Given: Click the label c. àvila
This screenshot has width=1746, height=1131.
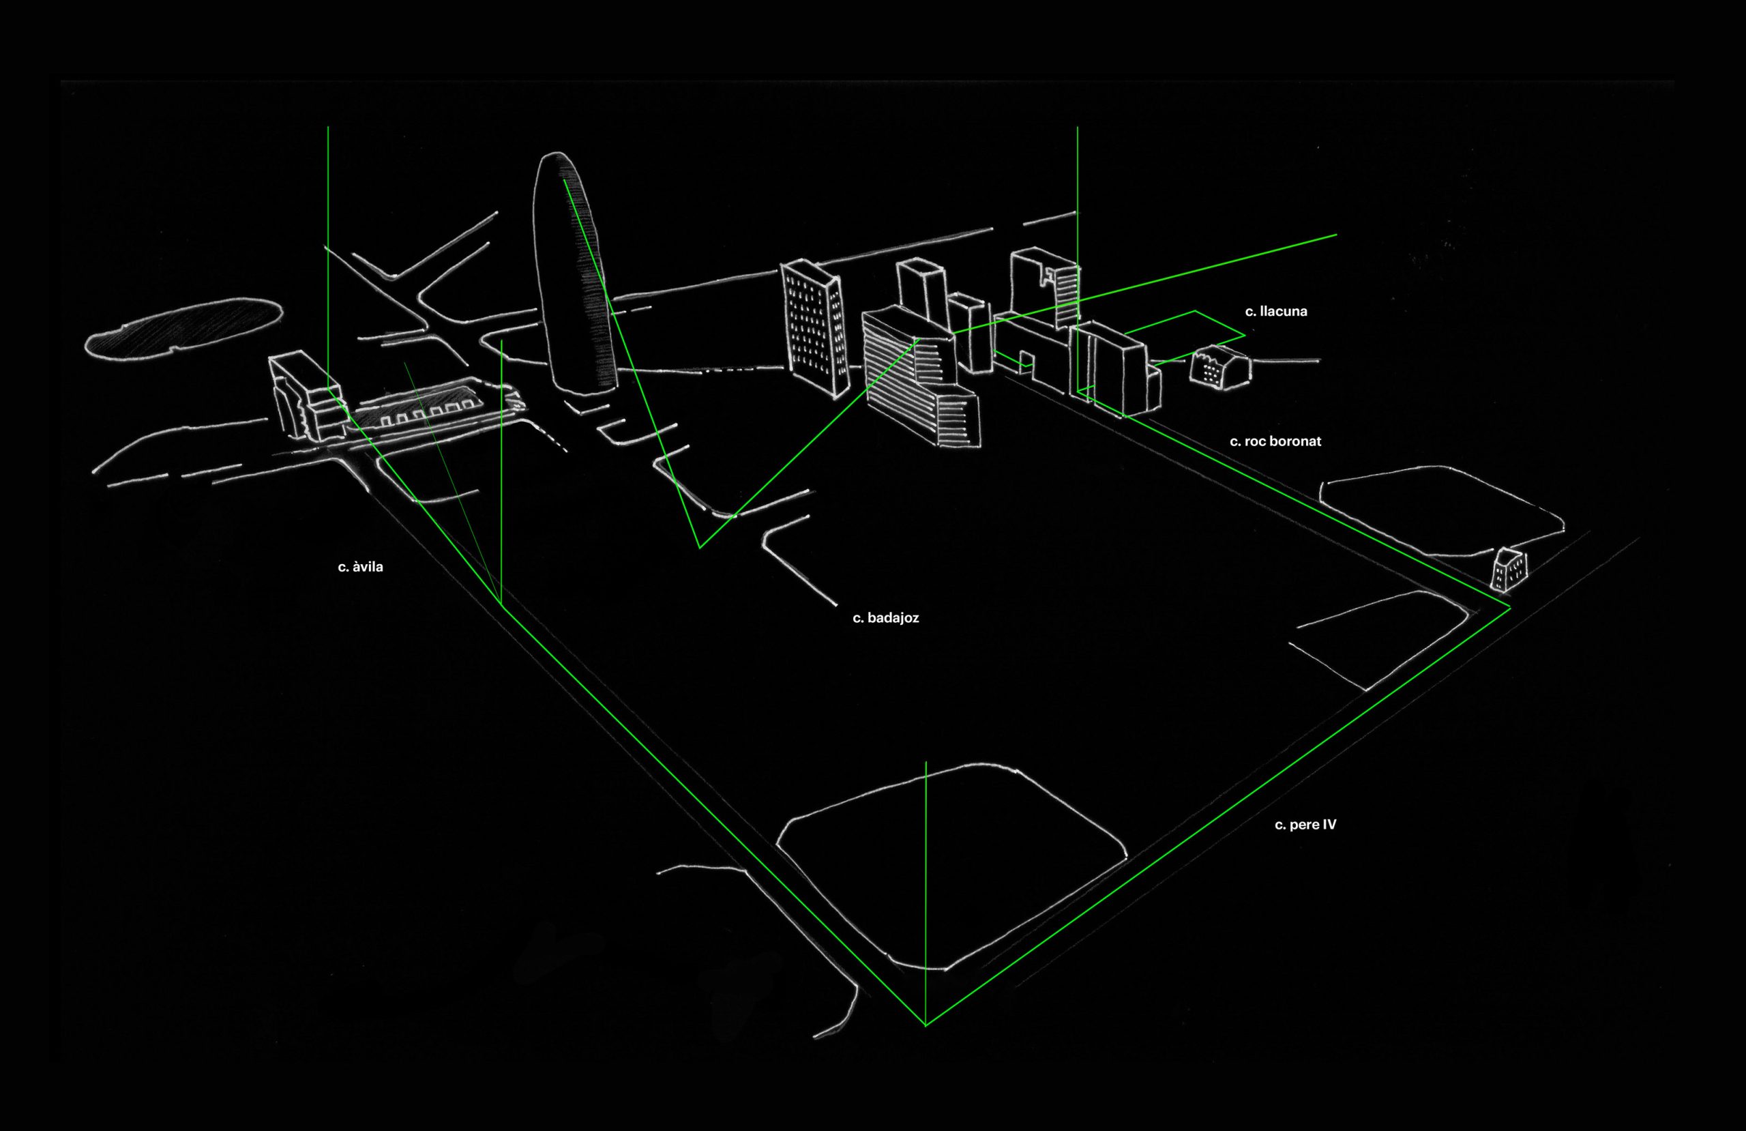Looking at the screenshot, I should click(360, 568).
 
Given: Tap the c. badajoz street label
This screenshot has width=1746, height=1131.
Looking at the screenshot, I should click(885, 618).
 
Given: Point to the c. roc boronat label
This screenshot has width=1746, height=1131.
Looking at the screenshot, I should click(1275, 441).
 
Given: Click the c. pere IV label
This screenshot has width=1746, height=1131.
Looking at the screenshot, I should click(1305, 825).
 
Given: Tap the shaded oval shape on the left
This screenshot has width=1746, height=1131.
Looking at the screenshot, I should click(183, 329).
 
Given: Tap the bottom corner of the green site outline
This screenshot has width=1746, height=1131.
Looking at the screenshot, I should click(926, 1025).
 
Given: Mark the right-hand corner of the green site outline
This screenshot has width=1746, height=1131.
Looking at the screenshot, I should click(1510, 608).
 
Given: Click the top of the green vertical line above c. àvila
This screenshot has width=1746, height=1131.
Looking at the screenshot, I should click(328, 128).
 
